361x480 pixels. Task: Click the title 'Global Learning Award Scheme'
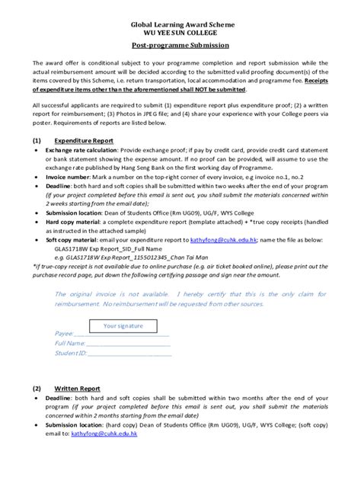tap(180, 25)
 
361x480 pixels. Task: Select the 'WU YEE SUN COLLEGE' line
tap(180, 34)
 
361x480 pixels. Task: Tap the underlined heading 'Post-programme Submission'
tap(180, 46)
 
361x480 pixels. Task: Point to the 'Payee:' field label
tap(63, 334)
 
